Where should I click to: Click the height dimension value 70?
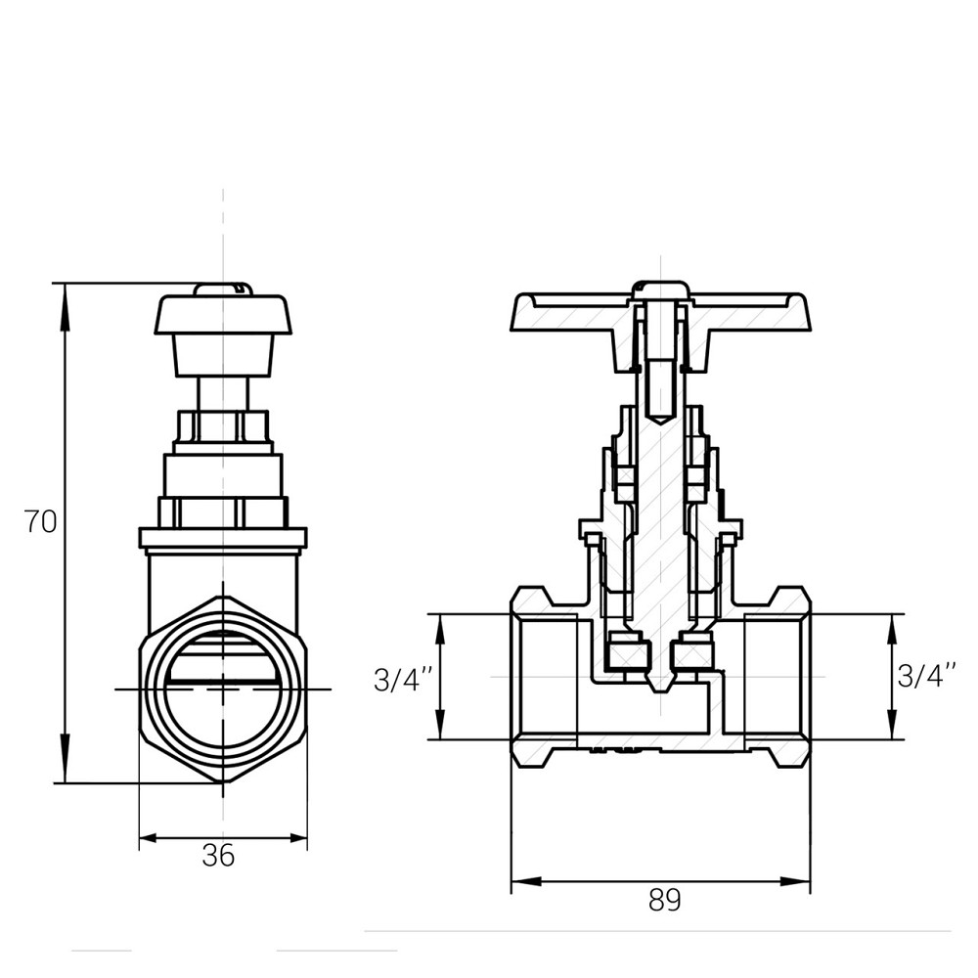click(41, 522)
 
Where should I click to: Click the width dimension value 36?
click(218, 856)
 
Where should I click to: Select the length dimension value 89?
click(664, 900)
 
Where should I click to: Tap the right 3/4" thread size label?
click(925, 676)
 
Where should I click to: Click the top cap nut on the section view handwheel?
click(661, 290)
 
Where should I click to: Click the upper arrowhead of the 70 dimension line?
click(65, 293)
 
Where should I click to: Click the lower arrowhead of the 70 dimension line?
click(65, 773)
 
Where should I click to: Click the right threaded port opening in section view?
click(778, 677)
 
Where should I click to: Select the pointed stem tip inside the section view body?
click(662, 685)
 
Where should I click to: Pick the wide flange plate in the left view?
click(223, 538)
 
